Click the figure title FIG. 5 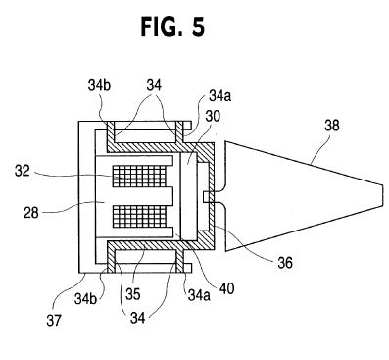coord(172,26)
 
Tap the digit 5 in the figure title coord(197,26)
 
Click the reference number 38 coord(332,126)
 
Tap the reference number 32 coord(22,171)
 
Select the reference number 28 coord(31,213)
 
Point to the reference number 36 coord(285,262)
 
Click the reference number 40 coord(226,288)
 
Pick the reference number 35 coord(132,294)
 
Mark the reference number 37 coord(54,321)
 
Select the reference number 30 coord(213,116)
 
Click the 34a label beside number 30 coord(219,96)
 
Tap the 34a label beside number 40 coord(199,295)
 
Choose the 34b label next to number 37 coord(85,298)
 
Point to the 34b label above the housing coord(99,85)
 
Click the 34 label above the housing coord(154,85)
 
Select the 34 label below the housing coord(138,318)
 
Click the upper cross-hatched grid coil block coord(139,176)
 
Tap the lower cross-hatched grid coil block coord(139,216)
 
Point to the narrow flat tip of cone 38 coord(382,195)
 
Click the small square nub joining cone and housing coord(206,197)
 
